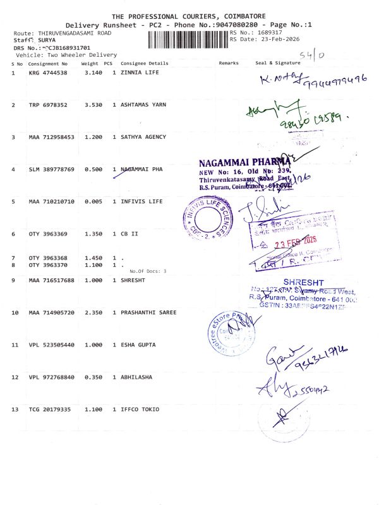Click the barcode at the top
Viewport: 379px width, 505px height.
click(x=188, y=39)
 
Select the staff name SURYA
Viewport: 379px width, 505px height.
click(x=42, y=40)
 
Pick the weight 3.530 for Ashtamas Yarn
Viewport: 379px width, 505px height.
click(x=93, y=105)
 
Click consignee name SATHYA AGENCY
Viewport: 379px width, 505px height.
click(x=143, y=137)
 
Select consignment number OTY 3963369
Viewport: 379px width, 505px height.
click(x=48, y=234)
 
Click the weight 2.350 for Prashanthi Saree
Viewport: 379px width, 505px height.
click(x=93, y=312)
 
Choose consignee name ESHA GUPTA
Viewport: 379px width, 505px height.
click(x=138, y=345)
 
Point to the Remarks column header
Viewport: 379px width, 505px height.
click(x=229, y=64)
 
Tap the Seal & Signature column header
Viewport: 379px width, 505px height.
click(x=277, y=64)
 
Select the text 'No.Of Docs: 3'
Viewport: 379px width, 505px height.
click(x=147, y=271)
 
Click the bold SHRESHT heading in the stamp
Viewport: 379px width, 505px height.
click(x=303, y=282)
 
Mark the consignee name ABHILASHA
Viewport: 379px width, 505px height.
click(x=136, y=377)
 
